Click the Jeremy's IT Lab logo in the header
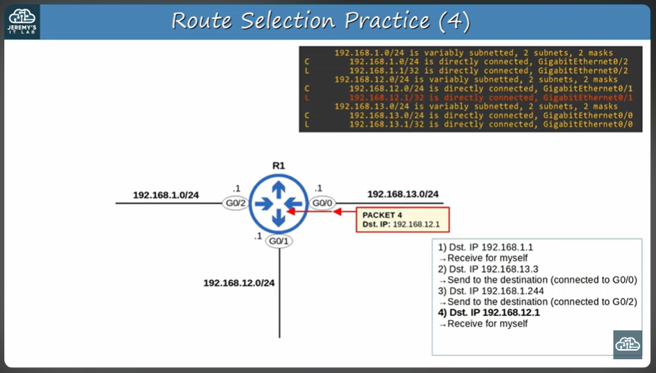[21, 21]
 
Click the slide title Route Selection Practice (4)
[321, 21]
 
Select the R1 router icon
[278, 203]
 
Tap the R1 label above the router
[278, 166]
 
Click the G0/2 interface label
[236, 203]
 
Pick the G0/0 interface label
[322, 203]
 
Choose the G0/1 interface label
[279, 241]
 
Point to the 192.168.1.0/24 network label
[165, 195]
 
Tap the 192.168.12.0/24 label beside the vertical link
[239, 283]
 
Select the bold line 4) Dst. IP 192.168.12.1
[489, 312]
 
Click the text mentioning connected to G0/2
[542, 301]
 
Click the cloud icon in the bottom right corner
[627, 345]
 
